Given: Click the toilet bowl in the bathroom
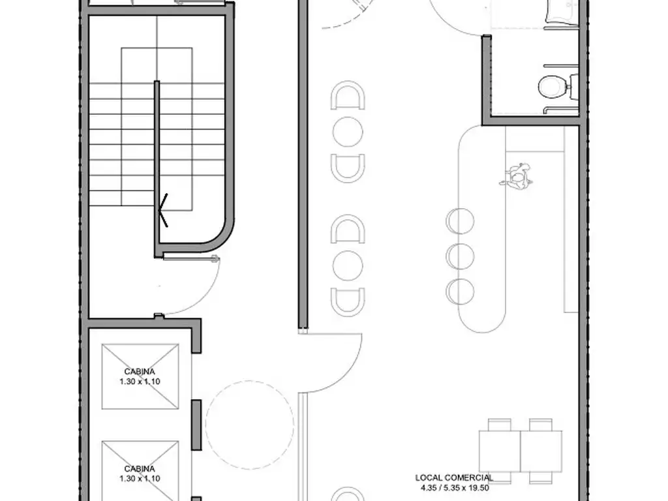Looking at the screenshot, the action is [x=553, y=87].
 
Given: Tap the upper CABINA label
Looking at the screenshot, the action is [x=140, y=371].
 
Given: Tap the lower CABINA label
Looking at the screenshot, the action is [x=140, y=468].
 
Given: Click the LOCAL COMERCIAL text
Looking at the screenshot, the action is [x=454, y=478].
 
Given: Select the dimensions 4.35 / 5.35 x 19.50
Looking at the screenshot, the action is [x=454, y=488].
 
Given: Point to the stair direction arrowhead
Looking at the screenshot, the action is [x=162, y=210].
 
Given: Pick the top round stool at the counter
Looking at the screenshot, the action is [x=460, y=221].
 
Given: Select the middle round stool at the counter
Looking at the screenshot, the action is [x=460, y=256].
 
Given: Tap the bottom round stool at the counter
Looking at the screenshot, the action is [x=460, y=292].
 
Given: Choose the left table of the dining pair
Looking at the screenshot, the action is [x=500, y=451].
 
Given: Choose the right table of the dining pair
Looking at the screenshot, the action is [x=541, y=451].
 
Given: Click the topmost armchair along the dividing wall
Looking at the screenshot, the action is [x=348, y=95].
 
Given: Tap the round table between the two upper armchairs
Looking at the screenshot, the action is [x=348, y=132].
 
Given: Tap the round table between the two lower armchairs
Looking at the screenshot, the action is [x=348, y=266].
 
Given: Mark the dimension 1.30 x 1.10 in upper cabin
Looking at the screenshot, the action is [x=140, y=382].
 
